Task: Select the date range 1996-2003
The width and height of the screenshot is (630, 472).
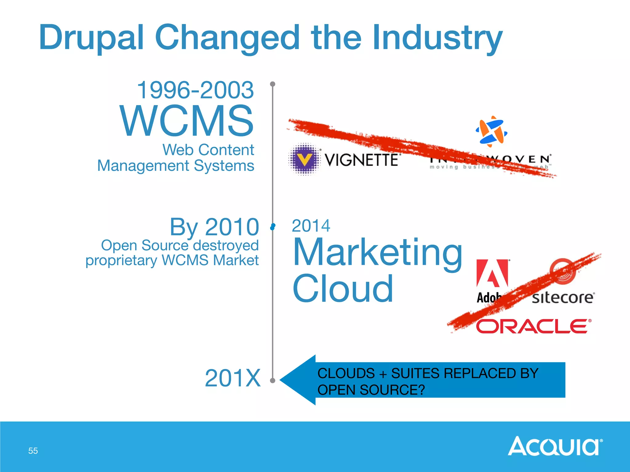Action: [x=195, y=90]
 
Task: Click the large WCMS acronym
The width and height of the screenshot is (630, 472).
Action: [x=187, y=121]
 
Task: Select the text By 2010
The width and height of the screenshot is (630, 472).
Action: [x=214, y=227]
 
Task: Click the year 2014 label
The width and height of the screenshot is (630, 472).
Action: [x=311, y=226]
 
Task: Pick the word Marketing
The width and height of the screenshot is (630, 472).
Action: [x=377, y=253]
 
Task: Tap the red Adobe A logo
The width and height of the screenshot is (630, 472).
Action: [x=492, y=273]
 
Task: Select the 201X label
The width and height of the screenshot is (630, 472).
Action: [x=233, y=378]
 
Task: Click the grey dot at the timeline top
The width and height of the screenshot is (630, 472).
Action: [x=273, y=84]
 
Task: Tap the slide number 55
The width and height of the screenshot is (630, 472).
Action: [x=33, y=451]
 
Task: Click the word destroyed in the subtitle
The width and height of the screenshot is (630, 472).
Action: [x=225, y=245]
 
